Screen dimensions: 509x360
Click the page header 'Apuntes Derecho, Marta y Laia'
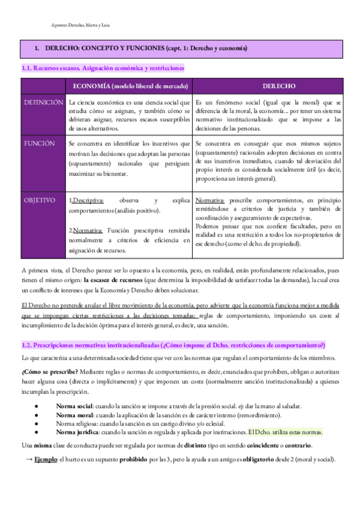(81, 25)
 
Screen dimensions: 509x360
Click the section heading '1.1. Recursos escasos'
(103, 69)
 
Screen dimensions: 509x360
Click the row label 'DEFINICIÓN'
(43, 103)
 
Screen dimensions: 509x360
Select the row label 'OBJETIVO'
(40, 200)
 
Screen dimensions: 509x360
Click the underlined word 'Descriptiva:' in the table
(88, 200)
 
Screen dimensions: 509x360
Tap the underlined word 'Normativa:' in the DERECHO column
(211, 200)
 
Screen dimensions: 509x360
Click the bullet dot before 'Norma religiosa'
(37, 424)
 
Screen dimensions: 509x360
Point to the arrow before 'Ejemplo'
(28, 459)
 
